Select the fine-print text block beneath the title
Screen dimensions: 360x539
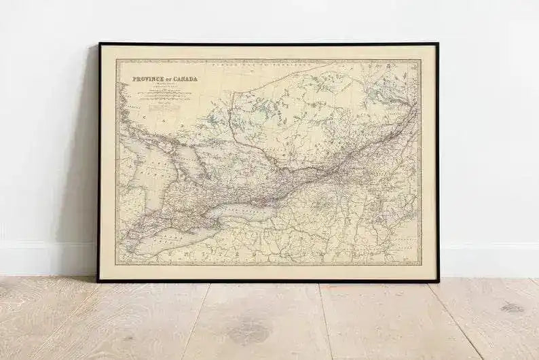pyautogui.click(x=161, y=95)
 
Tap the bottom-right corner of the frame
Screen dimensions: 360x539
pyautogui.click(x=437, y=280)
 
